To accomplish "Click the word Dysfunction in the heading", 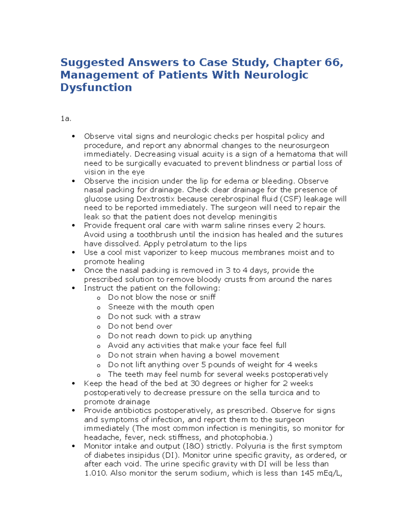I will click(x=96, y=88).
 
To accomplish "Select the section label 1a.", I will click(x=65, y=119).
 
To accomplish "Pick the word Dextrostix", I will click(x=156, y=199).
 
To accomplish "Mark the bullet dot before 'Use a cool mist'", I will click(x=73, y=253).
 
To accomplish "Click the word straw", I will click(x=190, y=316).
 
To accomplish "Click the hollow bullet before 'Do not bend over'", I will click(x=99, y=327).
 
